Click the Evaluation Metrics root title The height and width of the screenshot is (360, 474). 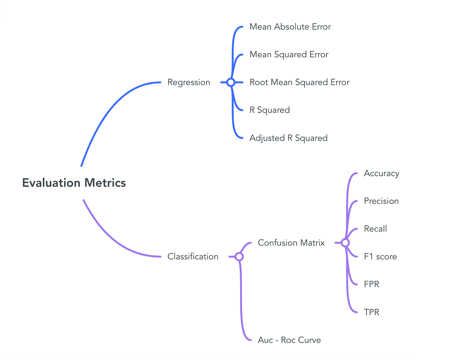pos(74,183)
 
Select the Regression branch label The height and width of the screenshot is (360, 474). pos(189,82)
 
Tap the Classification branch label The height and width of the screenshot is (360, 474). pos(193,256)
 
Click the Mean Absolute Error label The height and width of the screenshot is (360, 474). pos(290,27)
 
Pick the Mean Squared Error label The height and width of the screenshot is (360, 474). pos(289,55)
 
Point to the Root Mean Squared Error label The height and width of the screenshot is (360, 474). pos(299,82)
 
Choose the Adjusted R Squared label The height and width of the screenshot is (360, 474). pos(288,138)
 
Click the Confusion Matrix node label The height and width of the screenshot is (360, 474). pos(291,243)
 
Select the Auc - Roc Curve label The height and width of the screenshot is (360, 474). pos(289,340)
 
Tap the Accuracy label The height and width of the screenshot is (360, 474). pos(381,173)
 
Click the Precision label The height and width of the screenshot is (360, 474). pos(381,201)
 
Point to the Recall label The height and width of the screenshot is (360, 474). pos(375,229)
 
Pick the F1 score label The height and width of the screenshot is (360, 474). pos(380,256)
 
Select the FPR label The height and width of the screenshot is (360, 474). pos(371,284)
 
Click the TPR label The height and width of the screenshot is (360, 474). pos(371,312)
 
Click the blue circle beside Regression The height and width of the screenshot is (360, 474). pos(231,82)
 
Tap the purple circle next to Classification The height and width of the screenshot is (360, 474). pos(239,256)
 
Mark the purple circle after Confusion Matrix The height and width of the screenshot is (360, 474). pos(345,243)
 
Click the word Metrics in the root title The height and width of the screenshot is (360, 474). pos(105,183)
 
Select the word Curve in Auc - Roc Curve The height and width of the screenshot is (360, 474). pos(310,340)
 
